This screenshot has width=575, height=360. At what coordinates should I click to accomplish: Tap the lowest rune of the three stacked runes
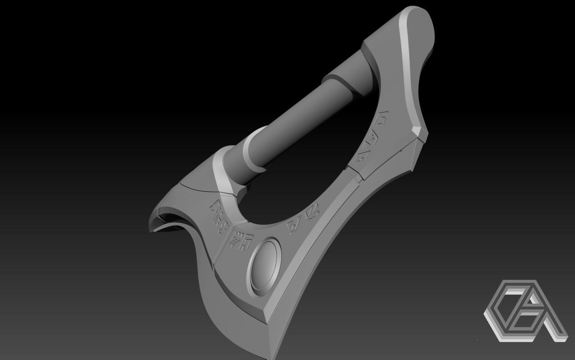coord(360,157)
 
